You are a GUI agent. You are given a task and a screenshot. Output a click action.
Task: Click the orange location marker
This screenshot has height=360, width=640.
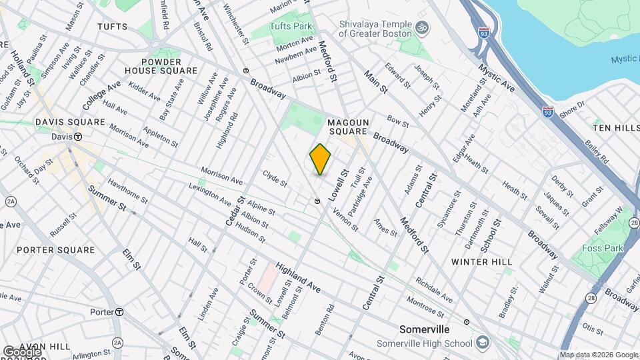[320, 159]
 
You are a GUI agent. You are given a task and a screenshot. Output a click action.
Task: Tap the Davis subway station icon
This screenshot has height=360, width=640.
[78, 137]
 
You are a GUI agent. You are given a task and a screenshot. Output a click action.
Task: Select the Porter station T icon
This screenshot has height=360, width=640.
[119, 312]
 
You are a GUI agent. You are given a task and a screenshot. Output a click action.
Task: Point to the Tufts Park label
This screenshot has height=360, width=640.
[291, 26]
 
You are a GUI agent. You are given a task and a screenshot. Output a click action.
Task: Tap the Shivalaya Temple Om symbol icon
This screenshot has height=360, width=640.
[421, 28]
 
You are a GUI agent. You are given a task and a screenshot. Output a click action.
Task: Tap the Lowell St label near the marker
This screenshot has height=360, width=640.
[344, 182]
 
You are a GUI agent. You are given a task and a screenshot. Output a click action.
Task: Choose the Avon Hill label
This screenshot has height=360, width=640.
[45, 347]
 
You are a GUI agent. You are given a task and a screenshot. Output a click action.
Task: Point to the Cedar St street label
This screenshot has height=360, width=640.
[236, 211]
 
